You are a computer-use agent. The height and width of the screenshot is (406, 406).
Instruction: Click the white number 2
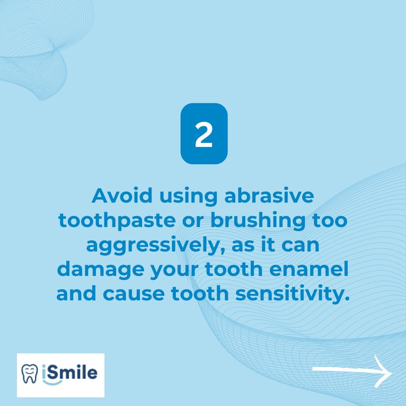[x=204, y=134]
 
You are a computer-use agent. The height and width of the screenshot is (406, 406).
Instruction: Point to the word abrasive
[x=269, y=196]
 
